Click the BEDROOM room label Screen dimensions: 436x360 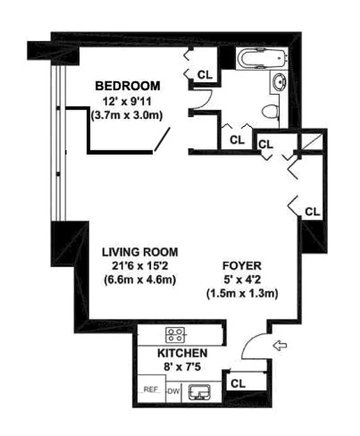(x=127, y=86)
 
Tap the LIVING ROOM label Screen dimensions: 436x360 (x=141, y=252)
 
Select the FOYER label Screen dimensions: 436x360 (x=242, y=267)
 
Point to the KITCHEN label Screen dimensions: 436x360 (x=182, y=353)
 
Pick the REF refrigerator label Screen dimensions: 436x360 (x=151, y=390)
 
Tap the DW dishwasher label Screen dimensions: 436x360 (x=173, y=390)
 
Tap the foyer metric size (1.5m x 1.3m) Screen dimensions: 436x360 (x=242, y=294)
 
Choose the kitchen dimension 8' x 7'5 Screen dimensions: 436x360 (x=182, y=367)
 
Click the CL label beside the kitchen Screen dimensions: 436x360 (x=238, y=383)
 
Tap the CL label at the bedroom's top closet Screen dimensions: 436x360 (x=205, y=74)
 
